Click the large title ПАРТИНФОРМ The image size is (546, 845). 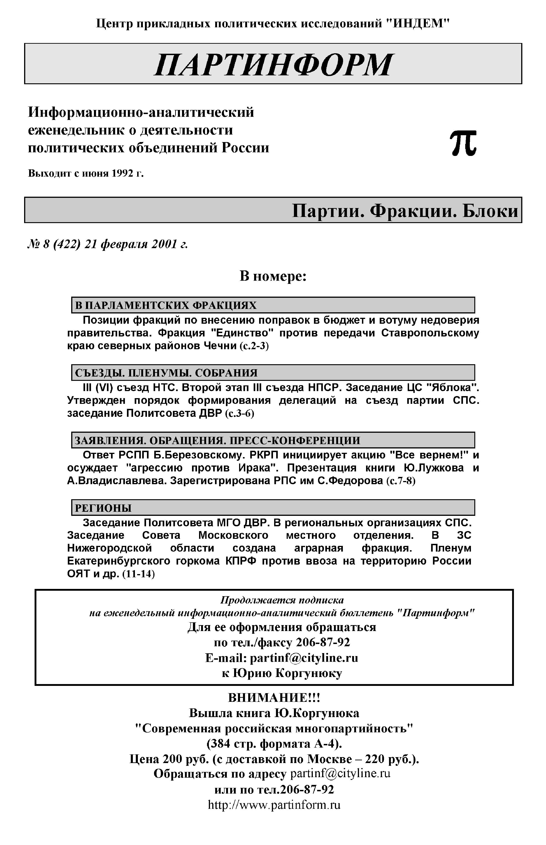pos(273,65)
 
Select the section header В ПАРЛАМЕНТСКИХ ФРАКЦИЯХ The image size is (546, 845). pos(166,305)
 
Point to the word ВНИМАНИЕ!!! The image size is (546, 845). pos(274,698)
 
